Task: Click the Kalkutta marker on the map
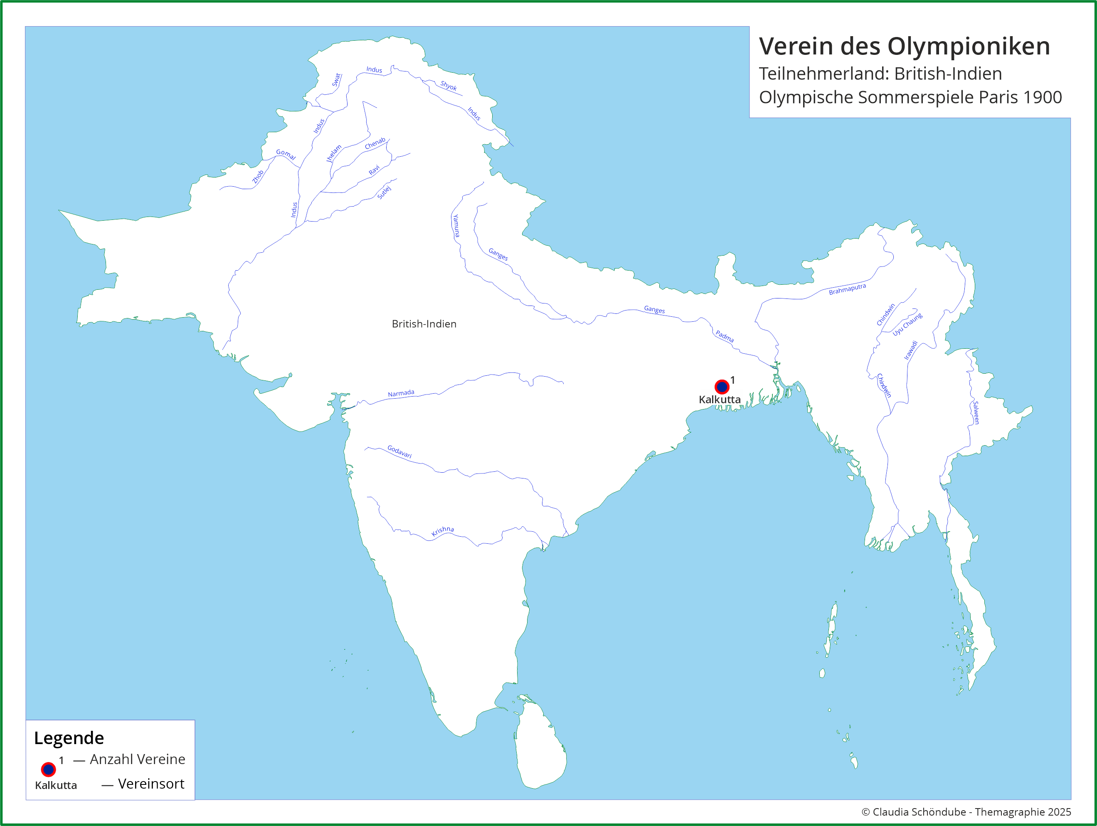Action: click(x=722, y=387)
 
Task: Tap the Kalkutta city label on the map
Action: click(x=719, y=400)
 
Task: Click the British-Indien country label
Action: click(x=424, y=324)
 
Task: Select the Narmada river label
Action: click(x=401, y=393)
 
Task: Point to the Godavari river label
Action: click(x=399, y=451)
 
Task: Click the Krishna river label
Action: click(x=442, y=531)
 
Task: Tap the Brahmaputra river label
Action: click(x=847, y=289)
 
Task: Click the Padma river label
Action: click(x=725, y=336)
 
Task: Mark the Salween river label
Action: click(x=976, y=412)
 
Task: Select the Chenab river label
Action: click(x=375, y=143)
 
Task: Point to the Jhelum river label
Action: click(x=334, y=153)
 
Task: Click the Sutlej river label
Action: click(x=385, y=192)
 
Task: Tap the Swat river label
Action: click(x=336, y=80)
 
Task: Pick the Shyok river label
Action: click(x=449, y=85)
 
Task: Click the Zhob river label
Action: click(x=258, y=177)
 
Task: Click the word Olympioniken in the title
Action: click(x=968, y=46)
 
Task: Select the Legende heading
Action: click(x=69, y=738)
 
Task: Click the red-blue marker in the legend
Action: click(x=48, y=769)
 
